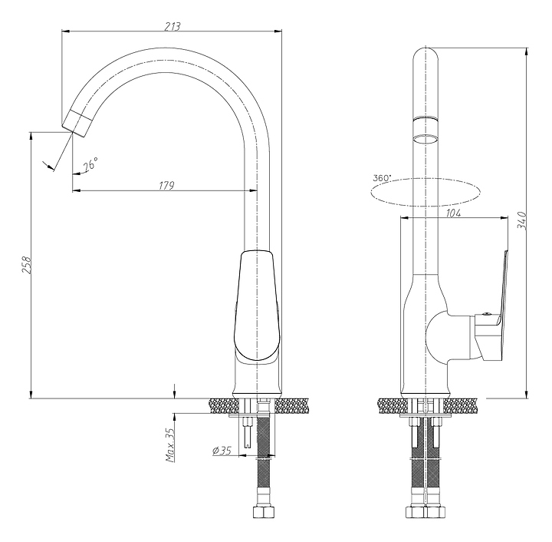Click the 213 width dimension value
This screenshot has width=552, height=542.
click(172, 26)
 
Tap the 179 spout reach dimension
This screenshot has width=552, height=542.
click(166, 185)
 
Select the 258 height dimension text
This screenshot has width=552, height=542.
click(27, 265)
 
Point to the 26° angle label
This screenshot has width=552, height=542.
click(90, 164)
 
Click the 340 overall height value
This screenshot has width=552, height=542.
click(521, 221)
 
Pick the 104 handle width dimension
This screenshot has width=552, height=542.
click(453, 213)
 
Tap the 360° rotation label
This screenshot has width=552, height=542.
click(382, 178)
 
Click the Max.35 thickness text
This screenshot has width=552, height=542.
click(170, 445)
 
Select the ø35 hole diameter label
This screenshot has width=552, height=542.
click(222, 450)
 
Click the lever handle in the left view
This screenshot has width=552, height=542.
click(257, 306)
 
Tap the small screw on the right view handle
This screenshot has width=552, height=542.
click(487, 313)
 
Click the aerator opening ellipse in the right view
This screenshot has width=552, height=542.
click(426, 139)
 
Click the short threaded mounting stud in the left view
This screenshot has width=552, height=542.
click(248, 431)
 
